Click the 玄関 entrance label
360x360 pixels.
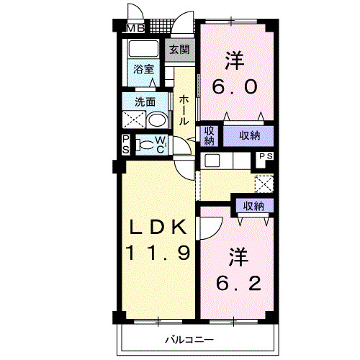(179, 50)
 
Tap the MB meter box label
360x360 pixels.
(135, 29)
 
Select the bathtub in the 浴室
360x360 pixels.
(143, 49)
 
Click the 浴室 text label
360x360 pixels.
(143, 69)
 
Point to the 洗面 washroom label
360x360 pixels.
(145, 102)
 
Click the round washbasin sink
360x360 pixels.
(157, 120)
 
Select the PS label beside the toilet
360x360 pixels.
(126, 145)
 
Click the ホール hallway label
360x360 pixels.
(184, 110)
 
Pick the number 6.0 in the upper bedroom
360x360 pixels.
(235, 87)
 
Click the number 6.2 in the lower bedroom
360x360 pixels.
(238, 284)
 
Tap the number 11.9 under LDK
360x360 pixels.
(158, 253)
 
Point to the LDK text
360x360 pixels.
(158, 227)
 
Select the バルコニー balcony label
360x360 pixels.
(189, 340)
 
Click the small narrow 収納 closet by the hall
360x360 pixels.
(209, 136)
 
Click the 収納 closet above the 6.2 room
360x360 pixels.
(253, 206)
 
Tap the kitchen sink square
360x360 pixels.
(212, 161)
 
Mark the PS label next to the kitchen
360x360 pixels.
(266, 156)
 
